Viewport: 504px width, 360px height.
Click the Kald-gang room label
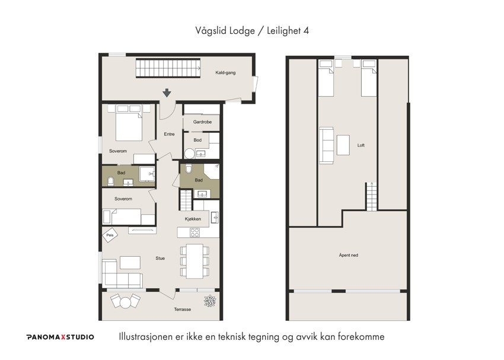tap(225, 73)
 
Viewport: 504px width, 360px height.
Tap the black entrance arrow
tap(167, 93)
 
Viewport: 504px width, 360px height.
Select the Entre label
tap(170, 134)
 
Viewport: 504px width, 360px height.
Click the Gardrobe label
tap(202, 122)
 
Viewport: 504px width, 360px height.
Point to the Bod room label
tap(197, 140)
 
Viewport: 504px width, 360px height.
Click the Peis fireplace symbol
tap(110, 235)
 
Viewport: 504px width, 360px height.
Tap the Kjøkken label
tap(193, 219)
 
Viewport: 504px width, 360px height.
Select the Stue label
tap(160, 259)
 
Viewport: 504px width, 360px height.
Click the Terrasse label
tap(182, 310)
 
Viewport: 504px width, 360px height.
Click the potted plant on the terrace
tap(210, 301)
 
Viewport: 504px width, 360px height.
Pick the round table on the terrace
tap(125, 302)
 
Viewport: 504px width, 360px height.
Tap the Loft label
tap(361, 145)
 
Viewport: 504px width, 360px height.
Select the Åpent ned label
tap(348, 256)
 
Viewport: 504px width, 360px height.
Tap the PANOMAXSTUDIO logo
tap(60, 337)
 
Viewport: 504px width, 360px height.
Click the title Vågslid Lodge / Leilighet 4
tap(251, 30)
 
